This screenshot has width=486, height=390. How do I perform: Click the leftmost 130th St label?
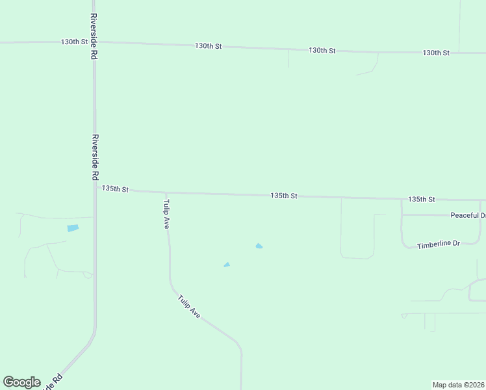pyautogui.click(x=74, y=42)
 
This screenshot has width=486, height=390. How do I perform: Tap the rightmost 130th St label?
pyautogui.click(x=436, y=53)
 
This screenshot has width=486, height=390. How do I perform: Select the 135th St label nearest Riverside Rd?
pyautogui.click(x=116, y=189)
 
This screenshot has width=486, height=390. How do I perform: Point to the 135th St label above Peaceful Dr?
pyautogui.click(x=421, y=199)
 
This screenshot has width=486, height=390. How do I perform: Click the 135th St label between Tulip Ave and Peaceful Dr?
pyautogui.click(x=284, y=196)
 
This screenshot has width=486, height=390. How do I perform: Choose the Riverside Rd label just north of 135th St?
pyautogui.click(x=95, y=157)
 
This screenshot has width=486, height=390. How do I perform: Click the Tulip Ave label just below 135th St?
pyautogui.click(x=166, y=213)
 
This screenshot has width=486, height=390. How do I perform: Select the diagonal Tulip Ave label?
pyautogui.click(x=189, y=306)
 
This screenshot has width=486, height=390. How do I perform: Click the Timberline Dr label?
pyautogui.click(x=438, y=244)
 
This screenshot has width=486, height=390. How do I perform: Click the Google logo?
pyautogui.click(x=21, y=382)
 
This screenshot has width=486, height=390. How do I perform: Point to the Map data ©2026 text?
pyautogui.click(x=458, y=384)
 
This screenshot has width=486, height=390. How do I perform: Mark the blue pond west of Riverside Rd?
pyautogui.click(x=72, y=228)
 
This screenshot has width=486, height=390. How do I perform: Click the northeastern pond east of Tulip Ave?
pyautogui.click(x=259, y=246)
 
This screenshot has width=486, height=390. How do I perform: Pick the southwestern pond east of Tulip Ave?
pyautogui.click(x=227, y=265)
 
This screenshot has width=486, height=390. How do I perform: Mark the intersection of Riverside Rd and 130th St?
pyautogui.click(x=94, y=42)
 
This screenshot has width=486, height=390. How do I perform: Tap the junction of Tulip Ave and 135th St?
pyautogui.click(x=166, y=192)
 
